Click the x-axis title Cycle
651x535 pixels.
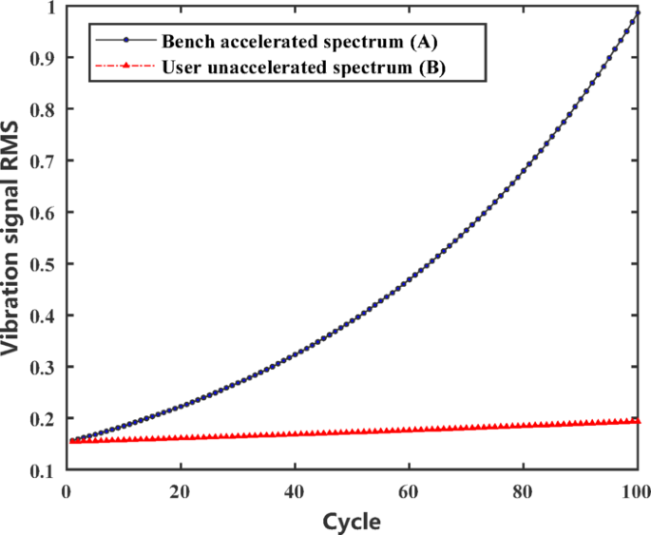[x=352, y=522]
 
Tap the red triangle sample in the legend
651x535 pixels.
[x=125, y=67]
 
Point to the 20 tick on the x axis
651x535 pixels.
[x=180, y=490]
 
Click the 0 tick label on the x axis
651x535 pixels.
[x=65, y=490]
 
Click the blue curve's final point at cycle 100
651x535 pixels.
[x=638, y=12]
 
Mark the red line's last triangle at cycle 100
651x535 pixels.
[x=638, y=421]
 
